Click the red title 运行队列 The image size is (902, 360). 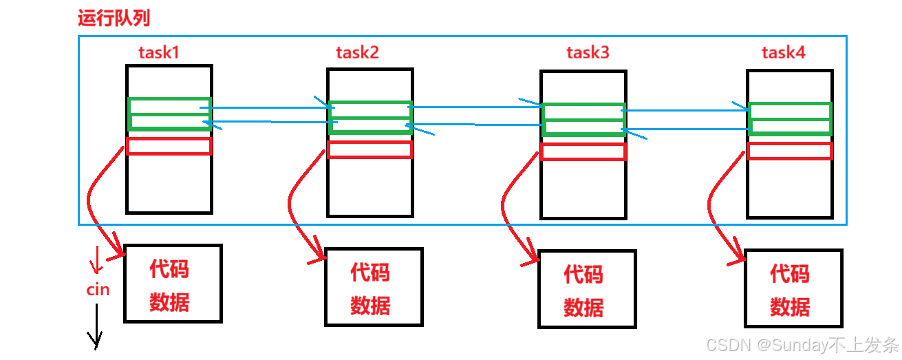coord(114,18)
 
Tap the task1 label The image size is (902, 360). coord(159,52)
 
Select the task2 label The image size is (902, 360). coord(357,52)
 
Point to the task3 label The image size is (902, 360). coord(588,52)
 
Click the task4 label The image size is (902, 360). coord(783,52)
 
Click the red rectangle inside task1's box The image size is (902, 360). coord(169,146)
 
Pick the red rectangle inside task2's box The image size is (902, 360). coord(369,149)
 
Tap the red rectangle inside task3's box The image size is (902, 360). coord(583,151)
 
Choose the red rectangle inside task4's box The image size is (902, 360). coord(789,151)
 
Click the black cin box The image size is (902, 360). coord(92,290)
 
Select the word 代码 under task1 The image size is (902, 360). coord(169,269)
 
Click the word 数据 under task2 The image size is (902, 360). coord(370,304)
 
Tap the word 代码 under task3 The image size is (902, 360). coord(583,275)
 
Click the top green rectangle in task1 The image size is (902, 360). coord(169,106)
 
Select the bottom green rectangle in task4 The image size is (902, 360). coord(789,127)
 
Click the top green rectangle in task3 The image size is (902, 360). coord(583,112)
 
